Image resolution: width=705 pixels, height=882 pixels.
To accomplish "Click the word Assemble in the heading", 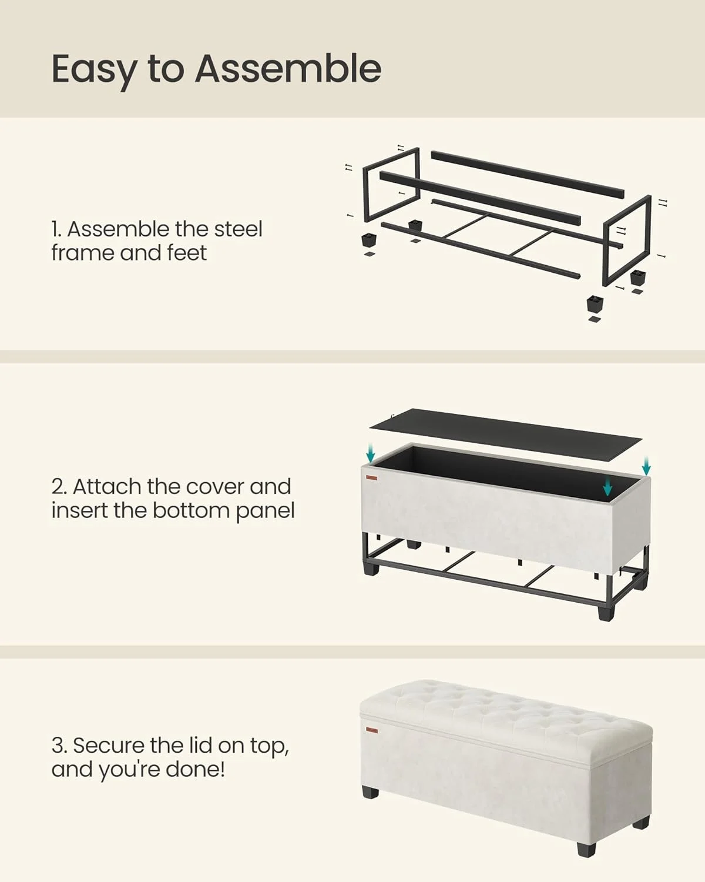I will (x=288, y=68).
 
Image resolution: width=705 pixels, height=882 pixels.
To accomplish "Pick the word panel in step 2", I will (x=265, y=511).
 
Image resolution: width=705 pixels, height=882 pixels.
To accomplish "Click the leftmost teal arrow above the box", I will (x=370, y=453).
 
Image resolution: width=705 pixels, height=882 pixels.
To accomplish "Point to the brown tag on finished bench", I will (x=371, y=730).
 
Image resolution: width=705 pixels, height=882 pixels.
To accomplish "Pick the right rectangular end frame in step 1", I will (x=627, y=238).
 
